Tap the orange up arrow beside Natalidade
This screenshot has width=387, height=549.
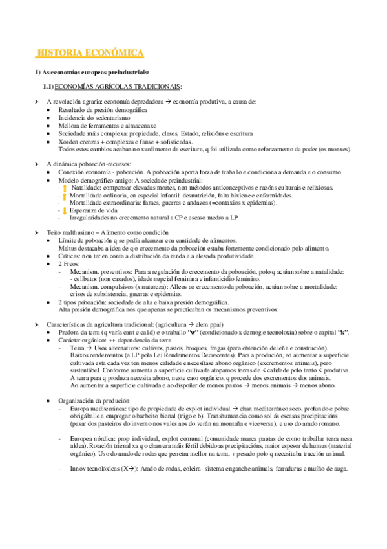click(65, 188)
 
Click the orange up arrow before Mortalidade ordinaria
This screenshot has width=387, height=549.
click(65, 196)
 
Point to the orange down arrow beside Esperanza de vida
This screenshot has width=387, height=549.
click(65, 210)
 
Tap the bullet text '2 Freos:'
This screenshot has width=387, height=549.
click(69, 265)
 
